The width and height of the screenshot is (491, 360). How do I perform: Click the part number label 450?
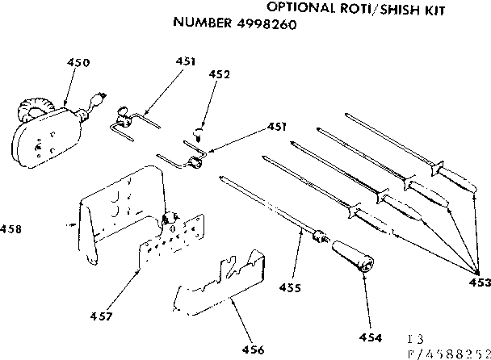(x=78, y=62)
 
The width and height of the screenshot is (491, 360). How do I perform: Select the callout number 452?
(x=219, y=74)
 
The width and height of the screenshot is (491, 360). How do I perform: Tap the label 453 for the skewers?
(x=478, y=282)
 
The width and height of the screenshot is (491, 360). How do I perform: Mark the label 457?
(x=101, y=315)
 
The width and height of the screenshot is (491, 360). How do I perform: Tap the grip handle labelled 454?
(x=352, y=256)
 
